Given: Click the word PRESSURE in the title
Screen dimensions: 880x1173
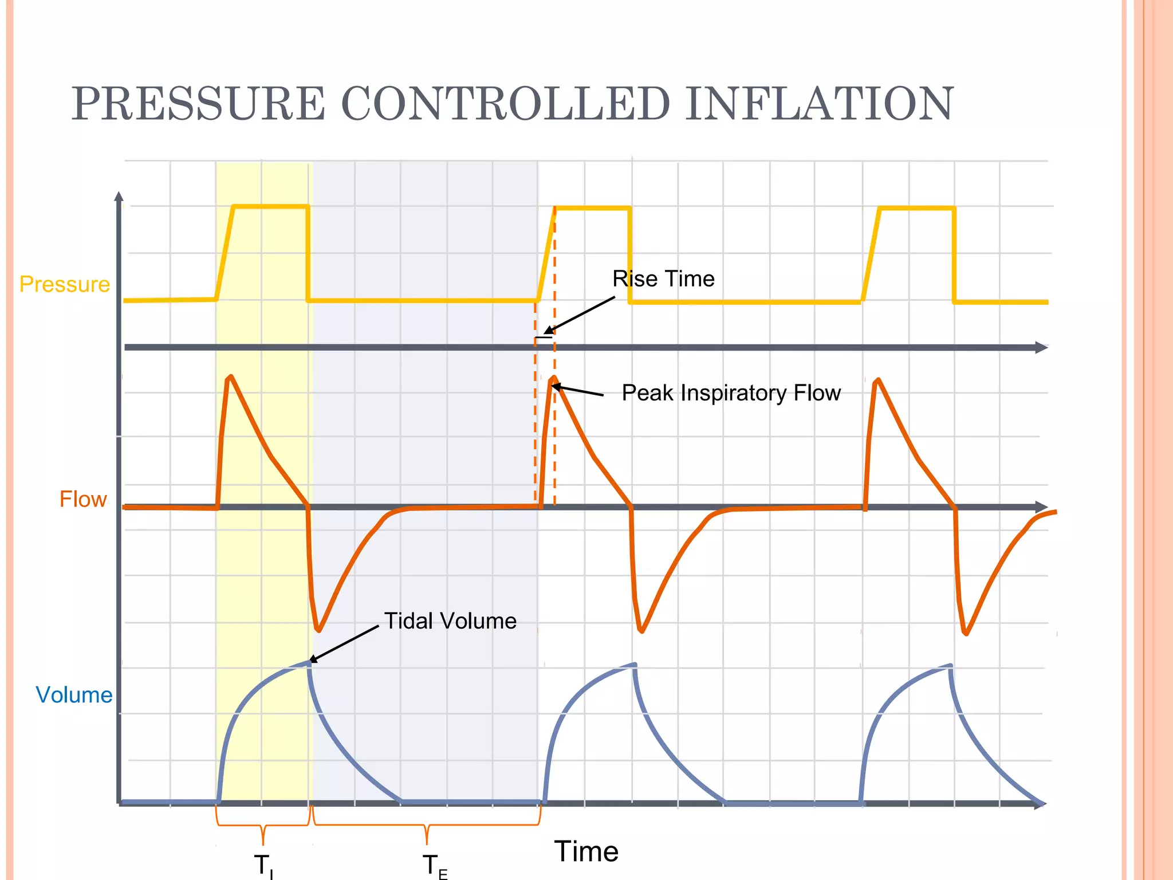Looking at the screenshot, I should (198, 104).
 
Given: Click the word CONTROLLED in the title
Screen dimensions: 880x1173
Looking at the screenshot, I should (505, 104).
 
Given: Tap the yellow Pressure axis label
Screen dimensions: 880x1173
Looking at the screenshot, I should (64, 285).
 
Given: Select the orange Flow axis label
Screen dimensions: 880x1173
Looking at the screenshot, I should (83, 500).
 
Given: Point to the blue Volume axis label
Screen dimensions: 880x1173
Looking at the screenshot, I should (74, 695).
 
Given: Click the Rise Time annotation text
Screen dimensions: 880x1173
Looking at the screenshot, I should (663, 279).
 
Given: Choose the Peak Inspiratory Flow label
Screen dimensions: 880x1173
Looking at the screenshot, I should (731, 393).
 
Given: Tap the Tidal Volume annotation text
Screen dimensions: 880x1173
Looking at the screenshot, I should (450, 621).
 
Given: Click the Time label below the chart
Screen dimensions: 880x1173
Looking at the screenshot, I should (586, 851).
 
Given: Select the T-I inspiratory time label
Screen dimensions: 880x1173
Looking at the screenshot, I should (263, 865).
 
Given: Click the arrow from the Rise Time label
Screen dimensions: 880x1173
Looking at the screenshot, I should (580, 314).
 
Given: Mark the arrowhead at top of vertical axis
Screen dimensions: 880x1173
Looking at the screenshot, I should (119, 197).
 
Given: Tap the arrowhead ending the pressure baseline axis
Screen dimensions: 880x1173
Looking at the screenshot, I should (1042, 348).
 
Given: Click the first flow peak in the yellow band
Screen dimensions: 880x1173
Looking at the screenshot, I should (230, 377).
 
